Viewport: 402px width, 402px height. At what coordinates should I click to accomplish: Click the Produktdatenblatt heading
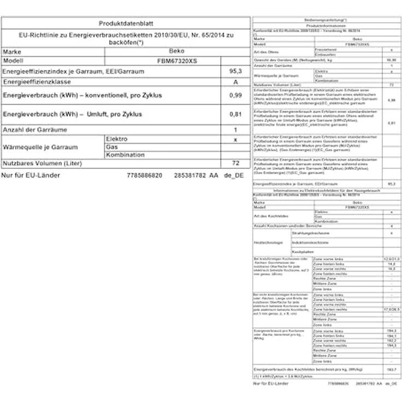126,23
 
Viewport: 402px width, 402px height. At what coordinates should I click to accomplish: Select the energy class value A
235,82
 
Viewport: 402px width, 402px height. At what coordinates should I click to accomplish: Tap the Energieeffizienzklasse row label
38,82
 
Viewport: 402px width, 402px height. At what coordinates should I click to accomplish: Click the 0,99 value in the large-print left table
235,95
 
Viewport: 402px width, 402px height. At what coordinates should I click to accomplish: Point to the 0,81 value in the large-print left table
235,115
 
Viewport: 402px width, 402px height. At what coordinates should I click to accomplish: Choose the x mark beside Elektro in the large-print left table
235,139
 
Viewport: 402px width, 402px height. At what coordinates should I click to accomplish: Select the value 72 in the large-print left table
235,163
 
